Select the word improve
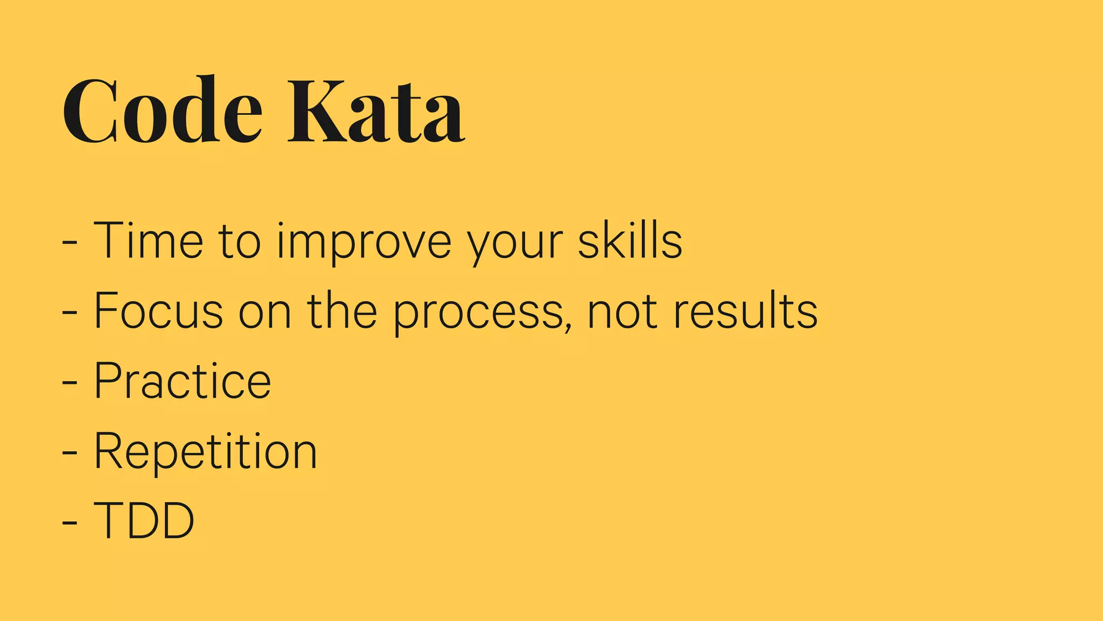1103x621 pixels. click(364, 241)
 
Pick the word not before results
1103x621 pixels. click(622, 312)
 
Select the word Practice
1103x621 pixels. click(183, 381)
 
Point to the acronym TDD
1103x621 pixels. click(144, 520)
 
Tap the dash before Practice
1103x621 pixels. click(69, 383)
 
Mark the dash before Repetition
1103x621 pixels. click(69, 453)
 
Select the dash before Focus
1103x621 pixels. click(69, 313)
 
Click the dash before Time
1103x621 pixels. click(69, 243)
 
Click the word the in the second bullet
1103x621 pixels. click(342, 310)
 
